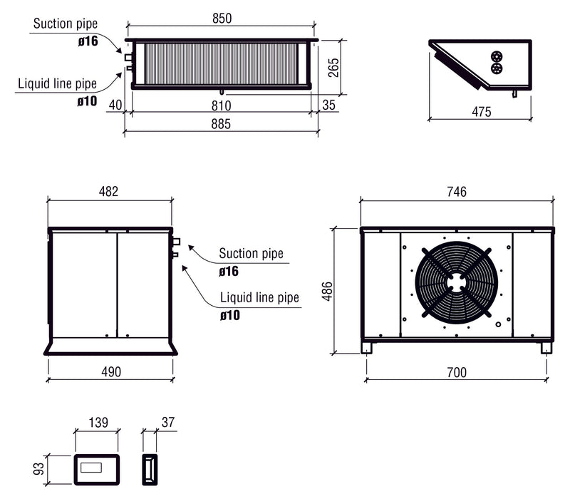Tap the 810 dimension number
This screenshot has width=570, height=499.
pos(221,106)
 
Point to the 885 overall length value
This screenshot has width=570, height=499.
pos(221,125)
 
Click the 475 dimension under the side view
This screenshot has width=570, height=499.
pos(481,111)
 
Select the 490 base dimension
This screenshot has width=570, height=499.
pos(110,371)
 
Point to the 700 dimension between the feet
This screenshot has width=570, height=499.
pos(456,371)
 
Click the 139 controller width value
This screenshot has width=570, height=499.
pos(97,423)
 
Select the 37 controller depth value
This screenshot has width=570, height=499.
pos(168,423)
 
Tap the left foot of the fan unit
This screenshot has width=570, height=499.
pos(366,348)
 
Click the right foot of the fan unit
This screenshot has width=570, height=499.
pos(546,348)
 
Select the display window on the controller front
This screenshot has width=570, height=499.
pos(95,469)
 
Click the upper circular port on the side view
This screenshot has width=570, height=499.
pos(497,56)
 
